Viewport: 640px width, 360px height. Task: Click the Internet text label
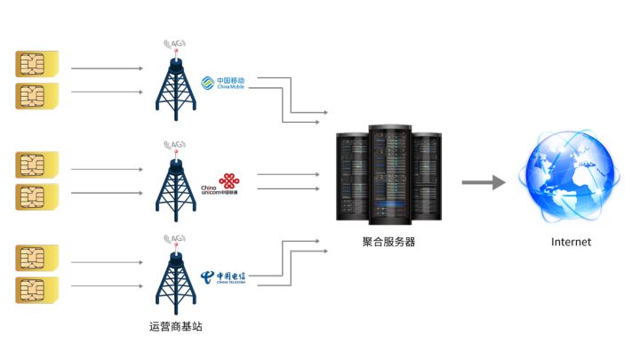pos(571,242)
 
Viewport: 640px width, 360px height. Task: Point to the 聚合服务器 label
pos(388,242)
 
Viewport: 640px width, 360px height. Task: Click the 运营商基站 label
pos(176,326)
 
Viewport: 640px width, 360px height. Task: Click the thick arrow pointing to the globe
pos(483,183)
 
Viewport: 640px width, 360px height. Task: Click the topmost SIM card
pos(36,65)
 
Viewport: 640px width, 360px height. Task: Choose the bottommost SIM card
pos(36,290)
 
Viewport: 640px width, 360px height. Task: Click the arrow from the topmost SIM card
pos(107,68)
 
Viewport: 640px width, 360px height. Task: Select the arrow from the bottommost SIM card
pos(107,287)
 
